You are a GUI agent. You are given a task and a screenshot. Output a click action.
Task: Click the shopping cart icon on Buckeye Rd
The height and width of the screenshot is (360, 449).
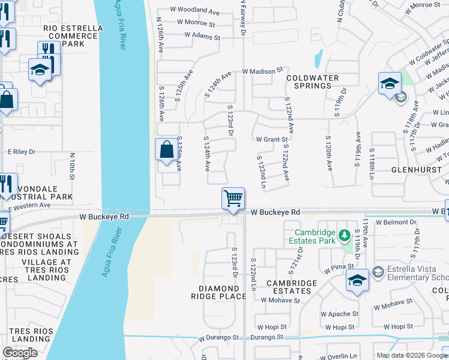point(233,199)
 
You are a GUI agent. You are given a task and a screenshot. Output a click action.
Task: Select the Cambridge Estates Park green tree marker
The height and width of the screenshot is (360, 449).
point(345,233)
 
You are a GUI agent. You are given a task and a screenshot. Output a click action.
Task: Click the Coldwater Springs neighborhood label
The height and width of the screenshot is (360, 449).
point(312,82)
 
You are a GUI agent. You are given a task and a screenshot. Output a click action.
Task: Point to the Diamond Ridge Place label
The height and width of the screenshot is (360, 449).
point(218,292)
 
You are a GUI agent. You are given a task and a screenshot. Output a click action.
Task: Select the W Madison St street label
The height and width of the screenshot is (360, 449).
point(262,71)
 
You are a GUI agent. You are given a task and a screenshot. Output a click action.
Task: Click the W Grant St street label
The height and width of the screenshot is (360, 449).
point(272,139)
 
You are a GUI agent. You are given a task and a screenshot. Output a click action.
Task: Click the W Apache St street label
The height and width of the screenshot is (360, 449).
point(339,314)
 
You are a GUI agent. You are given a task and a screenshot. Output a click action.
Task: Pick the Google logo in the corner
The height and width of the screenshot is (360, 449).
point(20,353)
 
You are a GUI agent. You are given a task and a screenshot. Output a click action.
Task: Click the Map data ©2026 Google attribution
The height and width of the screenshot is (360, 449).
point(412,355)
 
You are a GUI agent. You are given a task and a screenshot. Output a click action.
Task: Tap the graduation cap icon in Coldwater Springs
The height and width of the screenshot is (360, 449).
point(390,84)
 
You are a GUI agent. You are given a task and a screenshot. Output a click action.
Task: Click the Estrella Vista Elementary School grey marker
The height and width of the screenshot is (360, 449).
point(378,272)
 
